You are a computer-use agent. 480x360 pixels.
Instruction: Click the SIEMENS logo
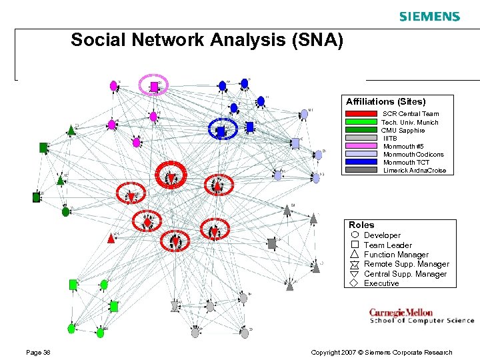click(x=429, y=16)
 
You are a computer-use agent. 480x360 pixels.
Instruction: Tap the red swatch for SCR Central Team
click(x=361, y=114)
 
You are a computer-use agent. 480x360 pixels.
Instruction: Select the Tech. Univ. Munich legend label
click(x=410, y=123)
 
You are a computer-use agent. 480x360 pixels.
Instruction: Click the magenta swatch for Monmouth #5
click(x=361, y=147)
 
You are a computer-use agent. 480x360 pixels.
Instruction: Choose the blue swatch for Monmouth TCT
click(x=361, y=163)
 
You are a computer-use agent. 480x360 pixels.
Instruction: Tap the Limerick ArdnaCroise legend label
click(x=415, y=171)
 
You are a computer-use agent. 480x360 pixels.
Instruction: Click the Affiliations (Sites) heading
click(x=385, y=102)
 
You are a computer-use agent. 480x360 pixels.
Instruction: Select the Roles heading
click(x=361, y=225)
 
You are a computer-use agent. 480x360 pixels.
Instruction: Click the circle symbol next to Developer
click(x=354, y=235)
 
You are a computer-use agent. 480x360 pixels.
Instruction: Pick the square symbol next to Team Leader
click(x=354, y=245)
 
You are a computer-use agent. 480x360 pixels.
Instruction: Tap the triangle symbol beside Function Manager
click(x=354, y=254)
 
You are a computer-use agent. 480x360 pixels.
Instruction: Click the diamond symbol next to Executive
click(x=354, y=283)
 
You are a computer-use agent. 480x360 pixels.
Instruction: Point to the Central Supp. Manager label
click(x=405, y=274)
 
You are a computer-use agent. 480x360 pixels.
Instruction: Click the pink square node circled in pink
click(x=154, y=85)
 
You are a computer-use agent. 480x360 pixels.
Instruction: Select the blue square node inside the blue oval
click(x=221, y=131)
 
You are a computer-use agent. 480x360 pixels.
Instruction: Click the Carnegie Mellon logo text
click(x=401, y=312)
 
